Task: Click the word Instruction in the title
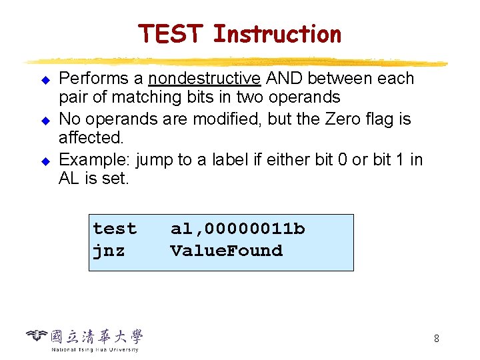pyautogui.click(x=277, y=34)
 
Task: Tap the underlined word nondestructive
pyautogui.click(x=205, y=79)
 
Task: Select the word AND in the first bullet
pyautogui.click(x=285, y=79)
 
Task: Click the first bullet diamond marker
pyautogui.click(x=46, y=80)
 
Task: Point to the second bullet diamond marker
pyautogui.click(x=46, y=121)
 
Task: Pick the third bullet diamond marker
pyautogui.click(x=46, y=161)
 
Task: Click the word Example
pyautogui.click(x=95, y=161)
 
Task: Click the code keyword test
pyautogui.click(x=115, y=229)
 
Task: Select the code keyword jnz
pyautogui.click(x=109, y=251)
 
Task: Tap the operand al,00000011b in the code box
pyautogui.click(x=237, y=229)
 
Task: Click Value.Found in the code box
pyautogui.click(x=227, y=251)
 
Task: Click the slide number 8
pyautogui.click(x=436, y=339)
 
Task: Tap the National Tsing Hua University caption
pyautogui.click(x=95, y=349)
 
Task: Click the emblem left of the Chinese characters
pyautogui.click(x=38, y=335)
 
